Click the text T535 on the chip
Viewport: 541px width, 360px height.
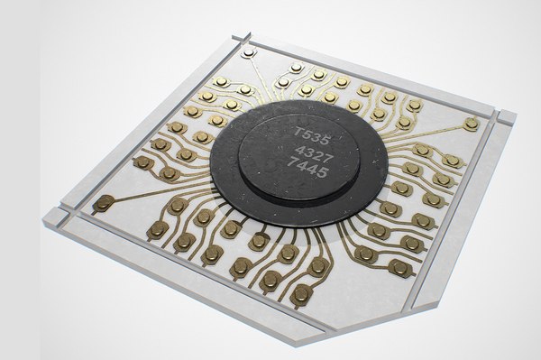coord(311,135)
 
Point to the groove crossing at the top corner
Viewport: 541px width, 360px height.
coord(242,38)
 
